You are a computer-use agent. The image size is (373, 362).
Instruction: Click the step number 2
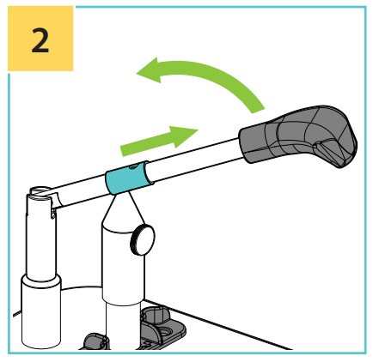[x=40, y=40]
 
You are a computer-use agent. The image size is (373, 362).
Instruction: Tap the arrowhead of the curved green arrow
[x=150, y=70]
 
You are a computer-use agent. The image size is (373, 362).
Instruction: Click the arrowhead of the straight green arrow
[x=184, y=136]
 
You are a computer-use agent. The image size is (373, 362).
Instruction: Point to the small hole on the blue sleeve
[x=132, y=166]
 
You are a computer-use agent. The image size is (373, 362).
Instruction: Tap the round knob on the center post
[x=143, y=239]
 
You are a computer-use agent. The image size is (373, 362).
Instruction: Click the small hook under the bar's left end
[x=53, y=214]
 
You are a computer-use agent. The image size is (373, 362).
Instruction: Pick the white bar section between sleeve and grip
[x=196, y=160]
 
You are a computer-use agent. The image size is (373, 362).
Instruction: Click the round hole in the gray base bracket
[x=167, y=332]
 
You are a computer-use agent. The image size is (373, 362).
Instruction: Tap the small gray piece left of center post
[x=94, y=341]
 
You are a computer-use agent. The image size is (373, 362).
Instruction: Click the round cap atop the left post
[x=40, y=190]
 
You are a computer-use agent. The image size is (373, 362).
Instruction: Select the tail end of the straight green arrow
[x=123, y=150]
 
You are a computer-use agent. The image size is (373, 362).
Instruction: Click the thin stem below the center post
[x=123, y=326]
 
